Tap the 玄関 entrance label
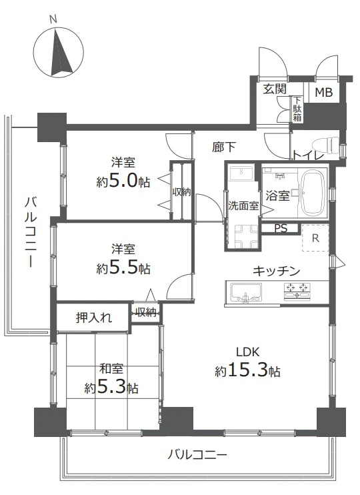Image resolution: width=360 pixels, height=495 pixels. pos(274,89)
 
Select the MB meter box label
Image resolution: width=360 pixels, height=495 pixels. pos(325,93)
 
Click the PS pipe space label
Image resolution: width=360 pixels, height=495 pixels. pos(281,228)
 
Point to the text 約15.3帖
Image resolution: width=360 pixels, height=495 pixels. pos(247,372)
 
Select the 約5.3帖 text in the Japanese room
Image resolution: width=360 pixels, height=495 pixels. pos(111,387)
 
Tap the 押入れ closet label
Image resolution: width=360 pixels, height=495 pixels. pos(93,317)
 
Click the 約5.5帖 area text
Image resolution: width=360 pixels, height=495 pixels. pos(123,268)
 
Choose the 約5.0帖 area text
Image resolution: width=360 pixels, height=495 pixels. pos(123,181)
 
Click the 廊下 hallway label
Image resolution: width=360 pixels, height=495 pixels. pos(223,146)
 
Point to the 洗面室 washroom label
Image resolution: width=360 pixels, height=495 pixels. pos(243,206)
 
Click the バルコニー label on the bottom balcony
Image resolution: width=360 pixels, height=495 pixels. pos(197,456)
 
